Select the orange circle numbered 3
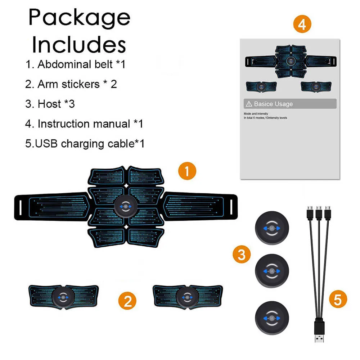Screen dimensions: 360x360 242,255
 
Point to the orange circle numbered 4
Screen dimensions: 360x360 302,24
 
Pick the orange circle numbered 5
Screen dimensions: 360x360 337,299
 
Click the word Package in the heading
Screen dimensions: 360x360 79,18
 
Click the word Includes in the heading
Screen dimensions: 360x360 79,45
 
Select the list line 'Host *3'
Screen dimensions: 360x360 50,104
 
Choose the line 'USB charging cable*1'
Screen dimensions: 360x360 85,144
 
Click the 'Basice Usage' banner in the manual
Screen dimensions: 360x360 290,104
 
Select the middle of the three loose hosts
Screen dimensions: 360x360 272,271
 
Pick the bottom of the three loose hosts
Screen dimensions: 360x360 272,318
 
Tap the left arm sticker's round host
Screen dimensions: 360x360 63,297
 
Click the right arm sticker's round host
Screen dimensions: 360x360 187,297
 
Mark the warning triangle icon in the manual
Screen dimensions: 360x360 249,104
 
